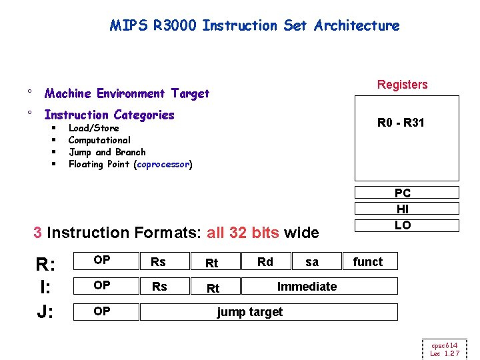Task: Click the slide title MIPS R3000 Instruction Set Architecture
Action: click(255, 26)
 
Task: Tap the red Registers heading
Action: click(402, 85)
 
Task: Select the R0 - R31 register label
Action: click(401, 123)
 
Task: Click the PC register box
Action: click(403, 193)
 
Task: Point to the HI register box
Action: click(403, 209)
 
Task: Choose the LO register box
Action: click(403, 225)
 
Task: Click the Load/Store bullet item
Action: click(93, 128)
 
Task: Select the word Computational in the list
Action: click(99, 140)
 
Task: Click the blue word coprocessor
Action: click(163, 164)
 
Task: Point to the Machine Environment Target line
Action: click(127, 93)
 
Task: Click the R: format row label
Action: click(45, 265)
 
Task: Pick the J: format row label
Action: click(45, 312)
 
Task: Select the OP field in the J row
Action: click(102, 311)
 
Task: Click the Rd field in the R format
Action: click(265, 261)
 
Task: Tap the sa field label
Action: click(311, 261)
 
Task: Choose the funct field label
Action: click(368, 261)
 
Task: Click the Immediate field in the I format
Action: click(307, 286)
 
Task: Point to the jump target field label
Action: click(250, 311)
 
